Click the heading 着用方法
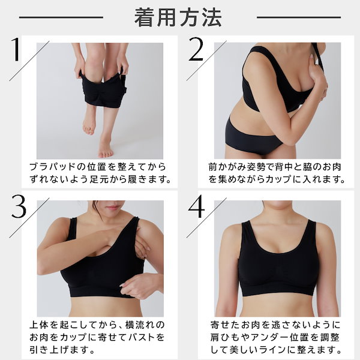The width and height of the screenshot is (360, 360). pos(178,17)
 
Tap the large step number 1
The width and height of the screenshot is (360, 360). pos(16,49)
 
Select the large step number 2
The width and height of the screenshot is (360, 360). pos(196,49)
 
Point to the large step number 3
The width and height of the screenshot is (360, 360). pos(19,206)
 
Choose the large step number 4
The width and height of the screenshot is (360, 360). pos(196,206)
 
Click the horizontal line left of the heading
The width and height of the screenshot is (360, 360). pos(61,17)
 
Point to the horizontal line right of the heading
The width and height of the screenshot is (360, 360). pos(299,17)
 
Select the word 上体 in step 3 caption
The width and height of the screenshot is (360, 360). pos(39,325)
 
